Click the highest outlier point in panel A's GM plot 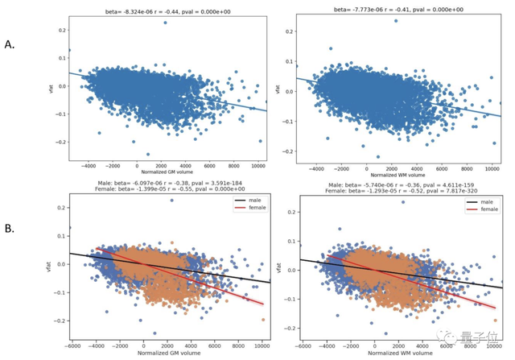165,22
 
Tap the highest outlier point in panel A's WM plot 396,21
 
